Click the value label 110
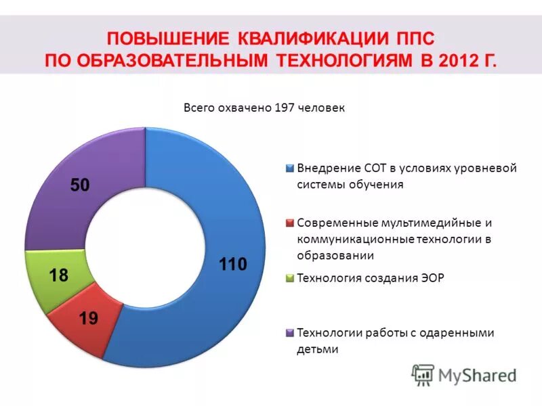coord(232,265)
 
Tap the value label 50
coord(80,185)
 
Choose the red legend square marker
coord(290,223)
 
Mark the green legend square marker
coord(290,277)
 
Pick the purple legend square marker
coord(290,332)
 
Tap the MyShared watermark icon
coord(423,374)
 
